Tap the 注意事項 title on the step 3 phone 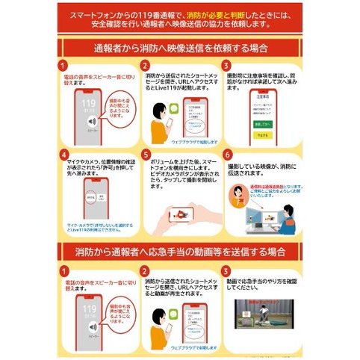261,96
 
